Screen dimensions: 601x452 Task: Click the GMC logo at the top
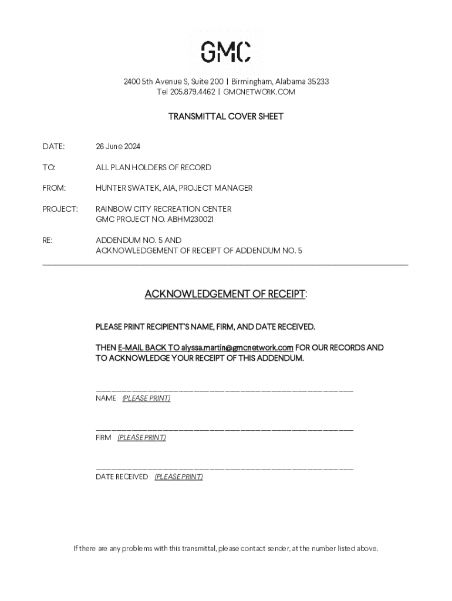(226, 52)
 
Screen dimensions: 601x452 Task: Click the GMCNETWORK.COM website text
(259, 92)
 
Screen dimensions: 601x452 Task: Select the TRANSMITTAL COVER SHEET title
(226, 116)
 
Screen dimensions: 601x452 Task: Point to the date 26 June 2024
(118, 146)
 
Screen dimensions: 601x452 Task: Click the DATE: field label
(53, 146)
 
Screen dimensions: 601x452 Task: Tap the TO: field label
(49, 167)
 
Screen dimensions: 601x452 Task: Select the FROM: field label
(54, 188)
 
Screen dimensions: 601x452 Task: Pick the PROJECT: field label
(60, 209)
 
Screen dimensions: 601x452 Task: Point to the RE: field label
(48, 240)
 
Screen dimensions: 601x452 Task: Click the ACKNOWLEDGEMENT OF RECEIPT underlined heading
(225, 294)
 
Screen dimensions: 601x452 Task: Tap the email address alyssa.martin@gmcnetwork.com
(237, 347)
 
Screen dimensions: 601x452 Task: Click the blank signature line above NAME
(224, 390)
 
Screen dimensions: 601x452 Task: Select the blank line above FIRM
(224, 430)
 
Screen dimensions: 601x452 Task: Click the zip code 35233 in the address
(318, 82)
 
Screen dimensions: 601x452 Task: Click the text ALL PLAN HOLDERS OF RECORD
(153, 167)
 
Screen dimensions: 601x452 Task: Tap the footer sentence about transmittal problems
(226, 549)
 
